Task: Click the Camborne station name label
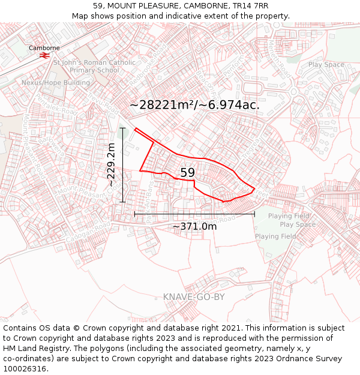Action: click(x=44, y=48)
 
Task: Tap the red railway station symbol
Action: click(x=44, y=56)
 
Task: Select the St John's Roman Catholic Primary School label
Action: click(x=86, y=66)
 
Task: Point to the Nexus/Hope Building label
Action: click(x=56, y=82)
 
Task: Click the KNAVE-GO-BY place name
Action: click(x=194, y=297)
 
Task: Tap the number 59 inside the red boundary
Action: click(x=187, y=173)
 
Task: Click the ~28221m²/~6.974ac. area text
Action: click(x=194, y=105)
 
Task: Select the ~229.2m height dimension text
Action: click(x=111, y=165)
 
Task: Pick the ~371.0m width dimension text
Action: click(x=194, y=226)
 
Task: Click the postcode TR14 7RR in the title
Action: click(x=250, y=6)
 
